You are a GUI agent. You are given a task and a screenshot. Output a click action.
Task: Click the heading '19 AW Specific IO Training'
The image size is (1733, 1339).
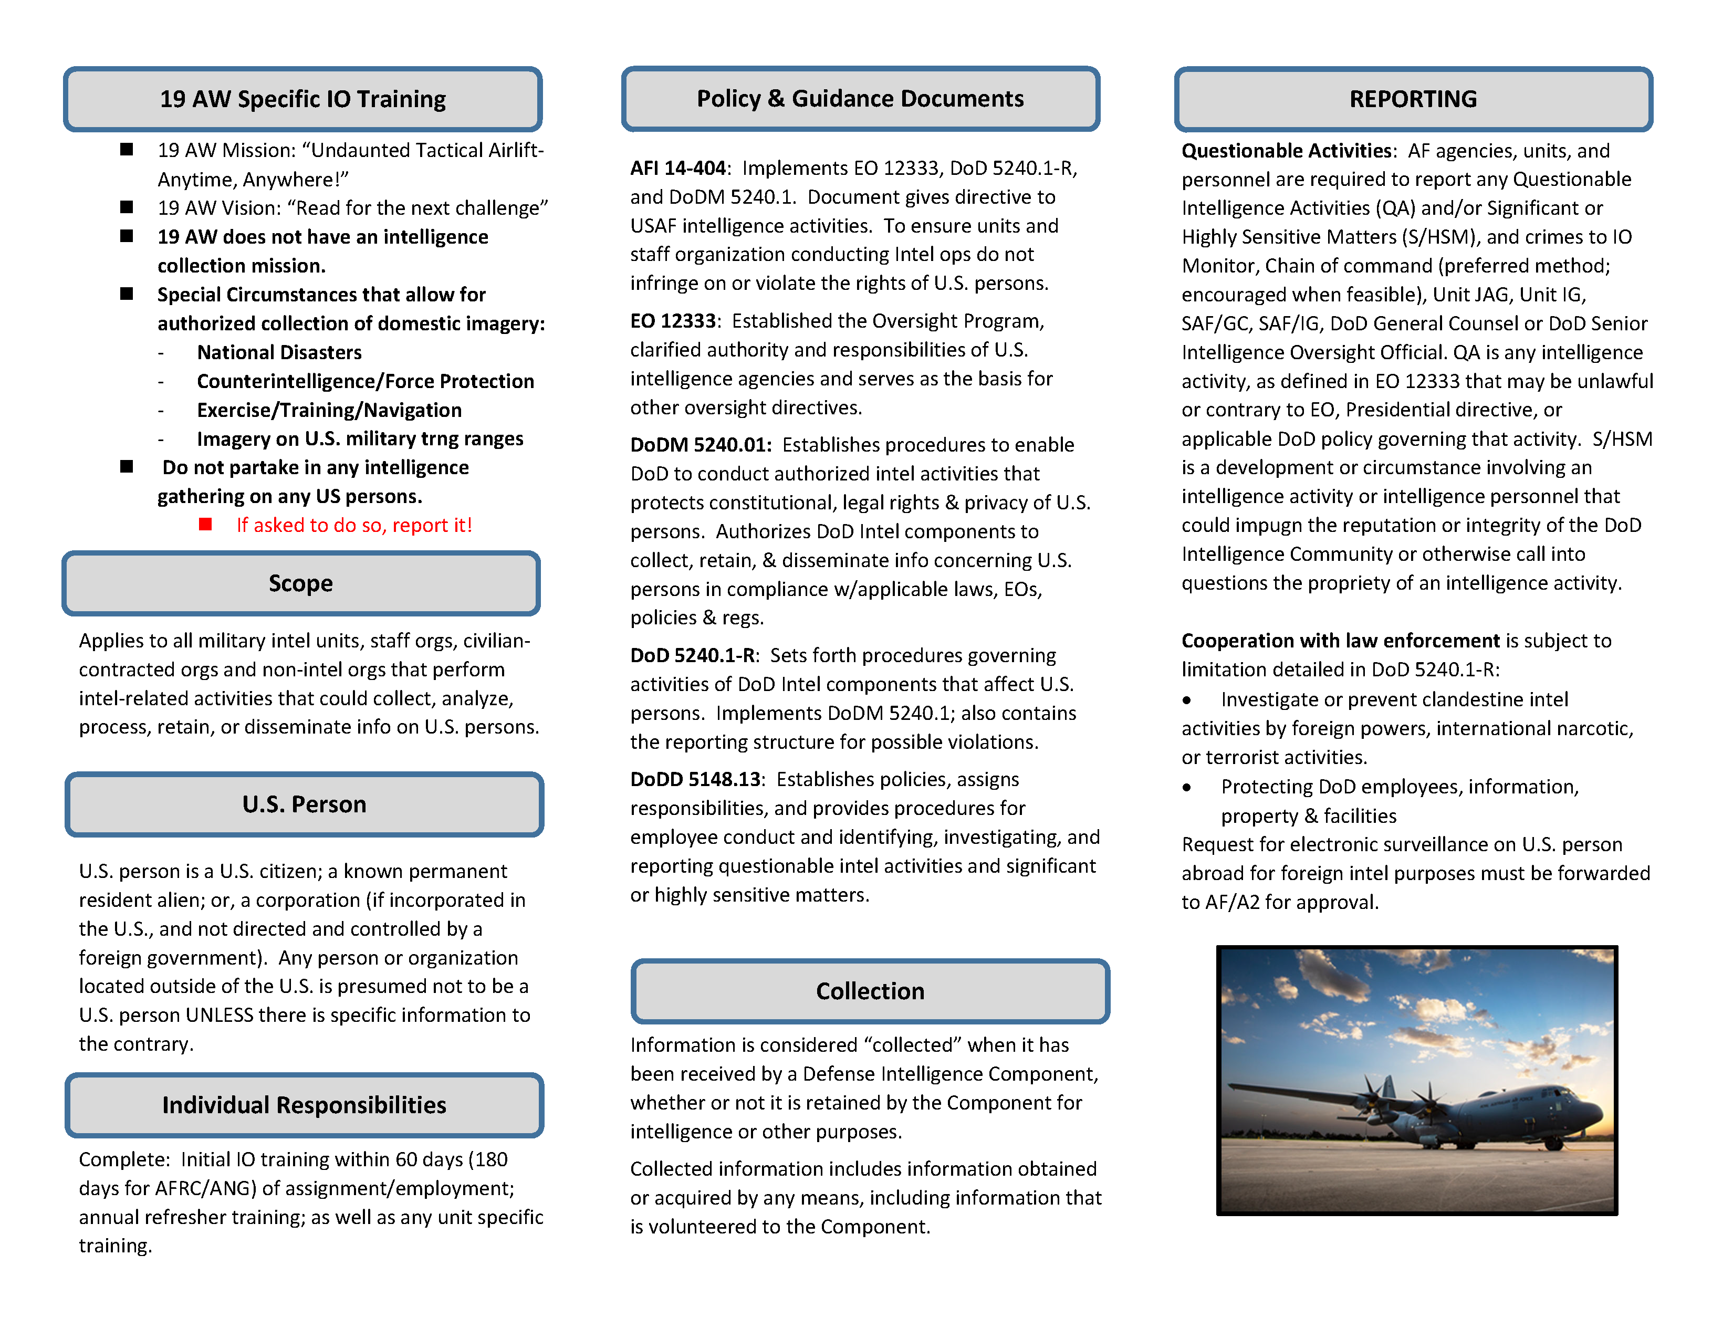pos(302,99)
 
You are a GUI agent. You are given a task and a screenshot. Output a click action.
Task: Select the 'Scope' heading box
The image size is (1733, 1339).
pos(301,583)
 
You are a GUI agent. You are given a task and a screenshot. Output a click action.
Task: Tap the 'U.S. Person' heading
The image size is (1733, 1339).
pos(304,804)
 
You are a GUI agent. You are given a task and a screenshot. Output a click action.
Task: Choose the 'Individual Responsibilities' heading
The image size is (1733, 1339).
pos(304,1105)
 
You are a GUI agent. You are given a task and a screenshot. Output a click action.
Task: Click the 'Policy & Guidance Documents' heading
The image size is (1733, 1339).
pos(860,98)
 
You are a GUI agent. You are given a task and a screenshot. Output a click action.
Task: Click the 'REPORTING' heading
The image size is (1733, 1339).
pos(1413,99)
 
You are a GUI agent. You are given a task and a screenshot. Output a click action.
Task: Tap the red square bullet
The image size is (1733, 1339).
pos(205,525)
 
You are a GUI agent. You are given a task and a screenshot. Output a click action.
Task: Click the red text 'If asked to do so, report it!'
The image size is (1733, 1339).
pos(354,525)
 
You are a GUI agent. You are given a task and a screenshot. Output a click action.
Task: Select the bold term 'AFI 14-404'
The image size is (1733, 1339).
pos(677,168)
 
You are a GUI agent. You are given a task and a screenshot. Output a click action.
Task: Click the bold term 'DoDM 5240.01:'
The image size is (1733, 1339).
pos(701,445)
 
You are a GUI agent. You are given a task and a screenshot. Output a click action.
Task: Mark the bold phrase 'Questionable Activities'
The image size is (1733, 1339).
pos(1286,151)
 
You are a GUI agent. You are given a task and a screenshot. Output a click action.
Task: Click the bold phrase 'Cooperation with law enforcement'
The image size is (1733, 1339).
pos(1340,641)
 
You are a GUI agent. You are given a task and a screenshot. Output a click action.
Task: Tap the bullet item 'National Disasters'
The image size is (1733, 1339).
pos(279,352)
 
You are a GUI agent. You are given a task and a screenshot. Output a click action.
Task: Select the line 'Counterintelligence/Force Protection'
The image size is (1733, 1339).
pos(365,382)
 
